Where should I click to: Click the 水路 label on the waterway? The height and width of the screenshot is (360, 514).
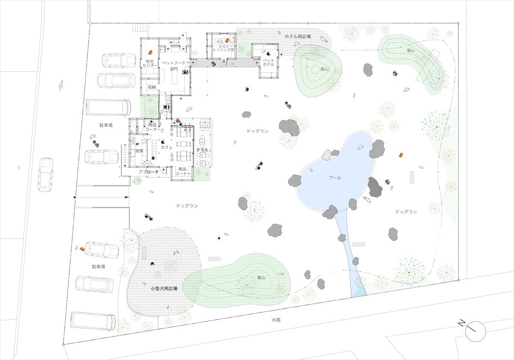click(276, 320)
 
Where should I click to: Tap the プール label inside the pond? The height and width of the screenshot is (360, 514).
click(335, 178)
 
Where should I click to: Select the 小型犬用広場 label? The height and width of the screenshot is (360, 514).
click(164, 288)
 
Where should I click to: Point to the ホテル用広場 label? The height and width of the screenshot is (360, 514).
click(298, 36)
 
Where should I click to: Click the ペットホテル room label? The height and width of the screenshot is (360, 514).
click(269, 63)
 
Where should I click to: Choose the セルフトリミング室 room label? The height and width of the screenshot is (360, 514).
click(224, 48)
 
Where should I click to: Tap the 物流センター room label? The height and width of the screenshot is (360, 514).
click(150, 63)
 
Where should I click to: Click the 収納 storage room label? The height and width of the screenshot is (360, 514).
click(152, 87)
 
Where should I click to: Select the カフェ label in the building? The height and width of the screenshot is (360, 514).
click(167, 147)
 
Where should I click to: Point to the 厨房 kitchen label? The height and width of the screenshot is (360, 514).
click(139, 151)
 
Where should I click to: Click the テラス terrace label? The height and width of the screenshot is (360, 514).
click(202, 150)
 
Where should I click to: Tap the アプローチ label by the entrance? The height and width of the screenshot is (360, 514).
click(149, 172)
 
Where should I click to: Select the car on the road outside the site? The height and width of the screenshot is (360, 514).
click(46, 175)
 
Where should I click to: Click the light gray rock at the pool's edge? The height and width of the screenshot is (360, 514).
click(326, 155)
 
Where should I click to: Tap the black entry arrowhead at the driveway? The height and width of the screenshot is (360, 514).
click(126, 197)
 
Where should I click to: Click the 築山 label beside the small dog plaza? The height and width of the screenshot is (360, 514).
click(261, 278)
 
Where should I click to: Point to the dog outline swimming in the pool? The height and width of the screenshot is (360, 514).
click(361, 147)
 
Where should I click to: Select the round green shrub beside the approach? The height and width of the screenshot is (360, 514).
click(137, 181)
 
